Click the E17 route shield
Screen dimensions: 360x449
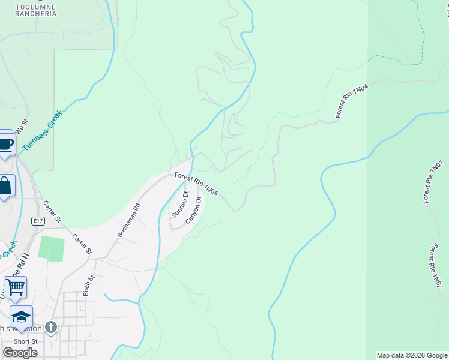[38, 221]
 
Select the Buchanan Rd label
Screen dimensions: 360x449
[128, 220]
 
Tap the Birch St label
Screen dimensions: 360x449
[89, 286]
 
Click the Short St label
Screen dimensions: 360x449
[26, 341]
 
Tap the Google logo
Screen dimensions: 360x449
[20, 352]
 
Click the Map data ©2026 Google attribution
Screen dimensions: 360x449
[412, 355]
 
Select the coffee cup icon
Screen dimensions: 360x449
[5, 144]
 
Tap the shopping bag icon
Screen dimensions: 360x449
[5, 185]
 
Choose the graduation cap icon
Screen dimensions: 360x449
[21, 316]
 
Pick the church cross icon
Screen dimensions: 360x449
[51, 328]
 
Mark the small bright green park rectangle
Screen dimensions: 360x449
[51, 248]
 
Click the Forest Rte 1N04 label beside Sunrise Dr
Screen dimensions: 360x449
[196, 183]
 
